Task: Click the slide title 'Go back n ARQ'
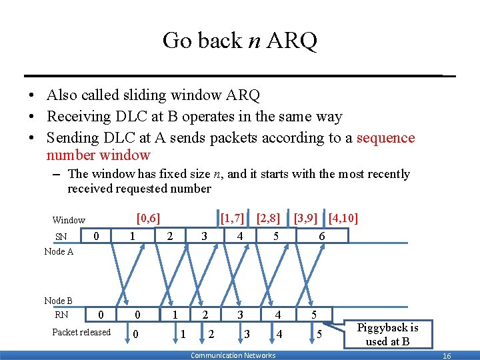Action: (x=240, y=41)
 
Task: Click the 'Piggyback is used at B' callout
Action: (x=387, y=334)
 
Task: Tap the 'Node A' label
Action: (x=59, y=251)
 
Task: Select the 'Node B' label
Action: (x=59, y=301)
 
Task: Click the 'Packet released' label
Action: (x=81, y=332)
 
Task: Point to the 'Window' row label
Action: (x=69, y=220)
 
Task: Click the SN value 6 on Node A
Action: (x=321, y=237)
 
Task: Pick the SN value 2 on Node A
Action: (x=170, y=237)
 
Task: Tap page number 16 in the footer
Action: (x=447, y=356)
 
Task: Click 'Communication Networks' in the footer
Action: (x=233, y=355)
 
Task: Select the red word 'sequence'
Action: (x=385, y=138)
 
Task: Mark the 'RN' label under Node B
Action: (x=61, y=315)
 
